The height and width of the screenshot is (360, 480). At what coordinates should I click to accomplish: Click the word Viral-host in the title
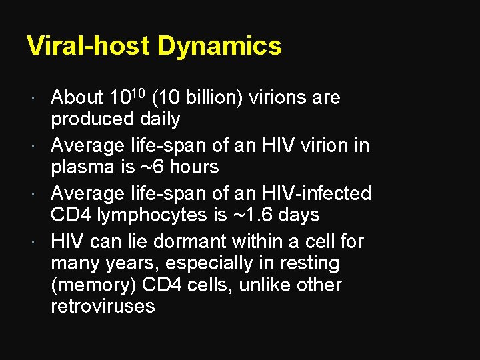click(x=88, y=46)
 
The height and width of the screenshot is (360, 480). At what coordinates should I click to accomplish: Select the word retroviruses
click(x=103, y=307)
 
